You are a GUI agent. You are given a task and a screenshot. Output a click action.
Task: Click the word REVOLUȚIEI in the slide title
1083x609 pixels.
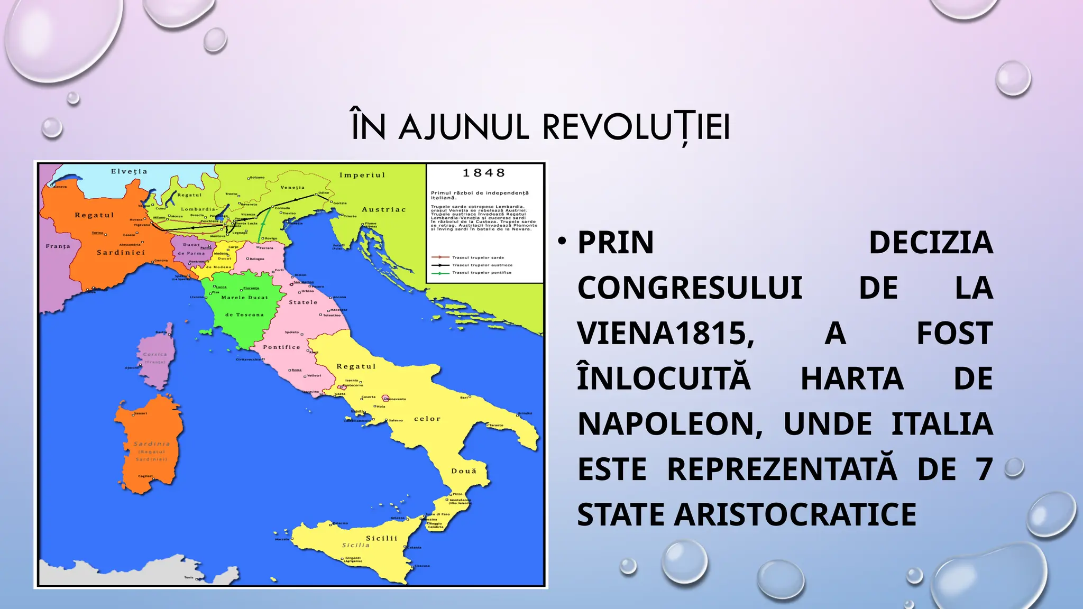[636, 127]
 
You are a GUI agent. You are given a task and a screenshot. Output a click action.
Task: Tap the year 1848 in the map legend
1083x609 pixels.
[484, 173]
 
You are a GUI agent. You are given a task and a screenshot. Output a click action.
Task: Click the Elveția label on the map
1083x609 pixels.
[129, 171]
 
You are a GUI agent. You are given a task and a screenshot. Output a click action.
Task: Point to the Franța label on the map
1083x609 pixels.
[58, 246]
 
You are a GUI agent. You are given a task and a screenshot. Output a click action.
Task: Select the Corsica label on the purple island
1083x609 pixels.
[155, 354]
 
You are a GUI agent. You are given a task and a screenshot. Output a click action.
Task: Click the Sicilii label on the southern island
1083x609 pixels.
[381, 538]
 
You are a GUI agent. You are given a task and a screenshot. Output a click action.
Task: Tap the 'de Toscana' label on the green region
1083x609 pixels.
[244, 315]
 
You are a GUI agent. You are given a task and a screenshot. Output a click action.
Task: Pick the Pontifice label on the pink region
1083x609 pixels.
[281, 347]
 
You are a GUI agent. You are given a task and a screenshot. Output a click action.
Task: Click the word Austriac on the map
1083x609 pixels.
[383, 209]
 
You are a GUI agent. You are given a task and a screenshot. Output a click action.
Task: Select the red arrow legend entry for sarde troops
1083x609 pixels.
[468, 257]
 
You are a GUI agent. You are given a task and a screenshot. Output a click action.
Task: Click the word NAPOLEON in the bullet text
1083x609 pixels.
[670, 424]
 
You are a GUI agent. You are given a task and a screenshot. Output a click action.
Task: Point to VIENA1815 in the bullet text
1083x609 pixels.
[665, 333]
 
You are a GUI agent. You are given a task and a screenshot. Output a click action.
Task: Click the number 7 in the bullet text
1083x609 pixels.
[984, 469]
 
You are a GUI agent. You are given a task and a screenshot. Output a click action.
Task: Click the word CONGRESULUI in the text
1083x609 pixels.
[690, 288]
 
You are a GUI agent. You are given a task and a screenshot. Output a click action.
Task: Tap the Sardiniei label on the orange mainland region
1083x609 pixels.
[121, 252]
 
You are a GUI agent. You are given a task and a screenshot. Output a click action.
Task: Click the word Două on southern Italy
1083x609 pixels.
[463, 470]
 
